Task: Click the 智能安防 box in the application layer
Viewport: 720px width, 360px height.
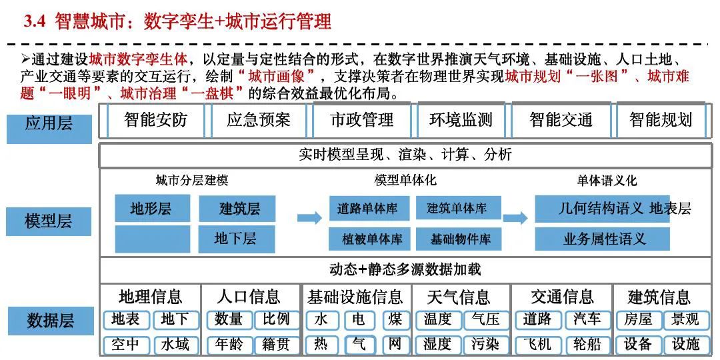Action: click(155, 120)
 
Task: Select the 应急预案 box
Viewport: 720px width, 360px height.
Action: click(259, 120)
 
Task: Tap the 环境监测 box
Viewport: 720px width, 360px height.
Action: click(461, 120)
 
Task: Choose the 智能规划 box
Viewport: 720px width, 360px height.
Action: click(661, 120)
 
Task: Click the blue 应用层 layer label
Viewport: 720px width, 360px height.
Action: click(49, 124)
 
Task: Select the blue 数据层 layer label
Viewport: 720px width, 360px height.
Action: click(50, 321)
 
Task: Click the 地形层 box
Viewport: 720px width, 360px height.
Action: click(152, 209)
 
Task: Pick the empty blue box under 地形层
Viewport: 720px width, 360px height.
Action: click(152, 239)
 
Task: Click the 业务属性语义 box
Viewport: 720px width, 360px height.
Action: click(603, 239)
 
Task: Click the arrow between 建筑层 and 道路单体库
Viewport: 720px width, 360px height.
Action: click(309, 218)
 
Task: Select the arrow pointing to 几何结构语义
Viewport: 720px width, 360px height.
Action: click(515, 218)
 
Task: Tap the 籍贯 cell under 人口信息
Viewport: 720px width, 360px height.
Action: click(276, 344)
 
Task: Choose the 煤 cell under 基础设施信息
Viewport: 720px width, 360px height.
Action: click(395, 319)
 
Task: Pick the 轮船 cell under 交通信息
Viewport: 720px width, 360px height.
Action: click(587, 344)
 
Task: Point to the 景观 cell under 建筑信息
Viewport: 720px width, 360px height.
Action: click(685, 319)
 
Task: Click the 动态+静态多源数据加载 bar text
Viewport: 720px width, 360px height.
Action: click(405, 269)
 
